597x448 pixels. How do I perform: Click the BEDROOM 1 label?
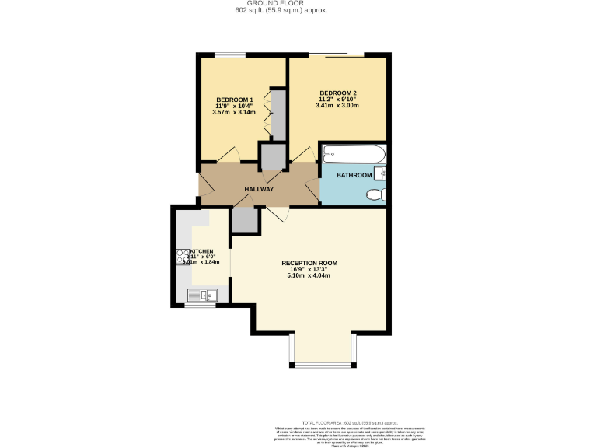tap(234, 100)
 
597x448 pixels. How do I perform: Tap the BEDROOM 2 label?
tap(337, 93)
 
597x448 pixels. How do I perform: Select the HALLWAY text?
tap(259, 189)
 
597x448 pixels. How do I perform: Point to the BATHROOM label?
tap(354, 176)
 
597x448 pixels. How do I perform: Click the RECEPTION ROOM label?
tap(309, 263)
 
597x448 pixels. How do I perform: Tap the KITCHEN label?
tap(203, 252)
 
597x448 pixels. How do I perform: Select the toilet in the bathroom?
tap(375, 194)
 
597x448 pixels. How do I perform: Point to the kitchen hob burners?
tap(182, 257)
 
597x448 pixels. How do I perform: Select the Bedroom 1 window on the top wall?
tap(230, 54)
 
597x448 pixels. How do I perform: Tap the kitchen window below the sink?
tap(200, 305)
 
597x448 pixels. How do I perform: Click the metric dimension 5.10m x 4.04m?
tap(309, 276)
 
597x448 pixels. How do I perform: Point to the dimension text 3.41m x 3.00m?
tap(337, 106)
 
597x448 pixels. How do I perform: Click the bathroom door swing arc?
tap(310, 187)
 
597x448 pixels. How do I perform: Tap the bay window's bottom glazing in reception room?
tap(323, 364)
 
